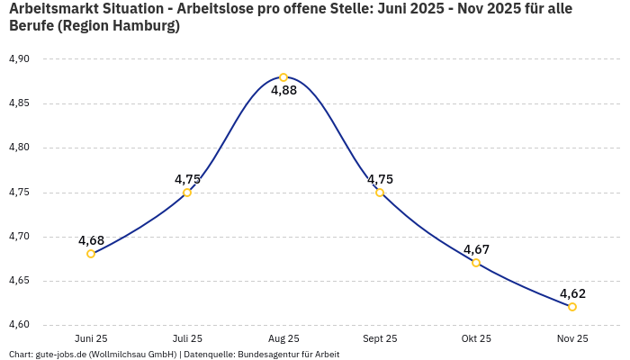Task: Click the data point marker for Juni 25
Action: [91, 254]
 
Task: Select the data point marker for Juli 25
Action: [187, 193]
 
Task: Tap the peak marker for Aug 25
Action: [283, 77]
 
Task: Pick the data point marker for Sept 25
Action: [380, 193]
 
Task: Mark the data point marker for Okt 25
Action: [476, 263]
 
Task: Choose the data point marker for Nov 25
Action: [572, 307]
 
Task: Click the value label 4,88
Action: [283, 90]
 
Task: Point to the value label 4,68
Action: [91, 240]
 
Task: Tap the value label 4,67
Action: [476, 249]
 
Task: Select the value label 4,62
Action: [572, 293]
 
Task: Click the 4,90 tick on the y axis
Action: [19, 59]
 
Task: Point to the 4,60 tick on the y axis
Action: [19, 325]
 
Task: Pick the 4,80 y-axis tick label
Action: [19, 148]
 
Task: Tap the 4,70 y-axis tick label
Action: [19, 237]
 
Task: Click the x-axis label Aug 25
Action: [283, 338]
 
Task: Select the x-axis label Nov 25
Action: [572, 338]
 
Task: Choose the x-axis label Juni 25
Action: [91, 338]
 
